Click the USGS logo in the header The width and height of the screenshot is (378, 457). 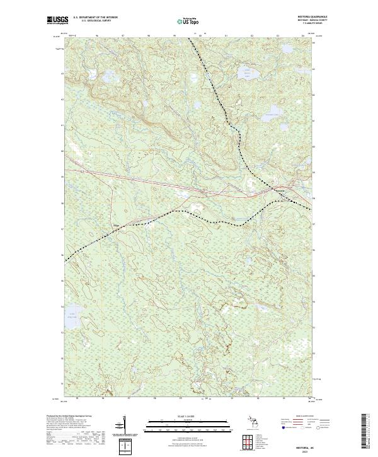pos(56,20)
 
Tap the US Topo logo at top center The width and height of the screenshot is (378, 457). pos(188,21)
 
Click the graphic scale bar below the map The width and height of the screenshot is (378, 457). pos(188,424)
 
